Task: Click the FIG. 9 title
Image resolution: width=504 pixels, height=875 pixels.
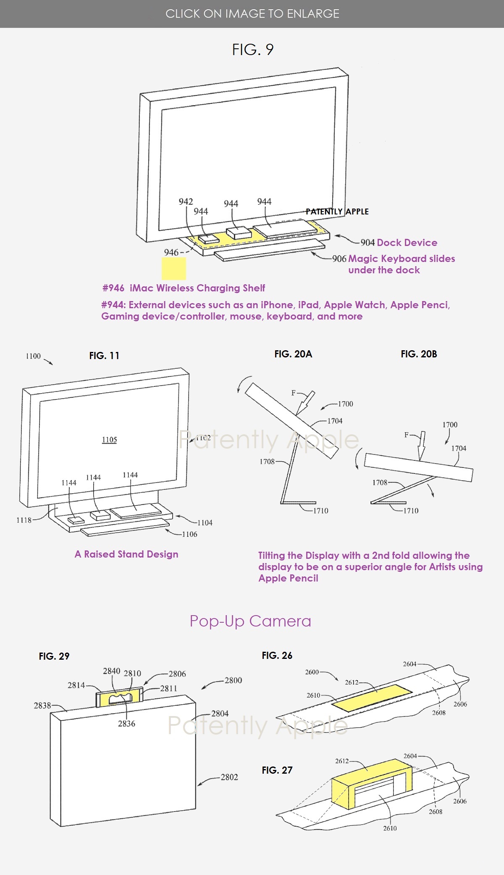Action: click(253, 50)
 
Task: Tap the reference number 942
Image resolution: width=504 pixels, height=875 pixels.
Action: click(186, 201)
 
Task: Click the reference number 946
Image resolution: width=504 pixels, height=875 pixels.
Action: click(171, 252)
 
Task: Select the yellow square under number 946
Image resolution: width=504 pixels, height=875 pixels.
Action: click(174, 269)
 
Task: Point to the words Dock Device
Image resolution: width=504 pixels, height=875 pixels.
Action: click(407, 243)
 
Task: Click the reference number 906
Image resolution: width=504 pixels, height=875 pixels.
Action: click(339, 259)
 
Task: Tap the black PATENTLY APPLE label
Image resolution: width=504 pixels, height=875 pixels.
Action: click(337, 211)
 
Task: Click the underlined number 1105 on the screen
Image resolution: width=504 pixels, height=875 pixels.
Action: click(109, 440)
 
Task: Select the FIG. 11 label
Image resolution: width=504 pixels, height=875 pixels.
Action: click(104, 356)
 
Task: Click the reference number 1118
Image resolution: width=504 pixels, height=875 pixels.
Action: click(24, 520)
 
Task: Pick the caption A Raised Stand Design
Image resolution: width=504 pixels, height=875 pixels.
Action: click(126, 554)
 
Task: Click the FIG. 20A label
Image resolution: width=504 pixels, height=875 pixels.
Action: click(293, 354)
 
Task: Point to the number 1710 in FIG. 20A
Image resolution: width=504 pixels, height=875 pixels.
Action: click(321, 510)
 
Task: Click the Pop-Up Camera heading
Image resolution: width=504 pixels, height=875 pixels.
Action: click(250, 621)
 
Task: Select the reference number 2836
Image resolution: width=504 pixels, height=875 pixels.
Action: click(126, 723)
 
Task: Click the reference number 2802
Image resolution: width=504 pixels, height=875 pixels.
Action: click(229, 777)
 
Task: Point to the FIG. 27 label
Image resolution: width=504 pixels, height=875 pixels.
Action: click(277, 770)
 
